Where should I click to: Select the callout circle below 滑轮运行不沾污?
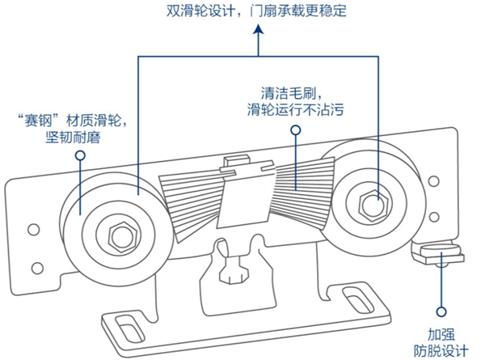296,129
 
